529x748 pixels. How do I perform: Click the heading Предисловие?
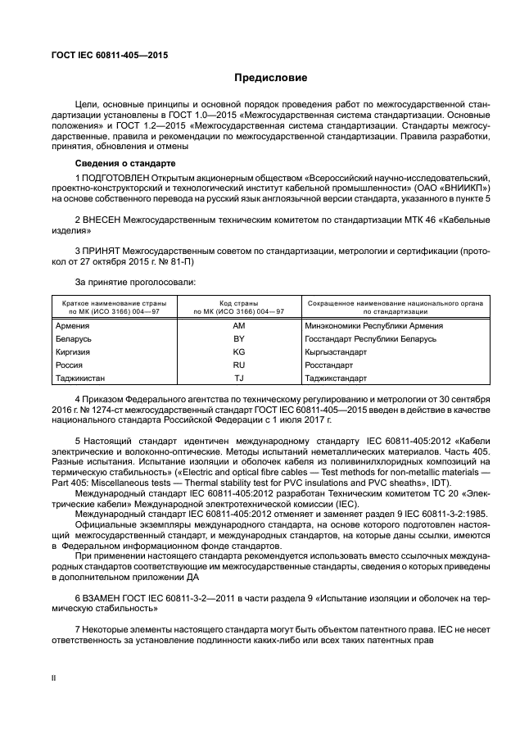pyautogui.click(x=271, y=79)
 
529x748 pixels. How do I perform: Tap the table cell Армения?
pyautogui.click(x=72, y=325)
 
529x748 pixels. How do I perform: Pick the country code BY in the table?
pyautogui.click(x=239, y=338)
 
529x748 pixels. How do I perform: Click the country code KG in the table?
pyautogui.click(x=239, y=351)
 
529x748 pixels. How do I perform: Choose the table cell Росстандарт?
pyautogui.click(x=328, y=365)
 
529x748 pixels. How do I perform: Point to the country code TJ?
pyautogui.click(x=239, y=378)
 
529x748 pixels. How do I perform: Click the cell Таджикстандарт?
pyautogui.click(x=336, y=378)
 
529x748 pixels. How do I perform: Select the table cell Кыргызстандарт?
pyautogui.click(x=336, y=351)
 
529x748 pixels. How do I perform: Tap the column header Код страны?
pyautogui.click(x=239, y=303)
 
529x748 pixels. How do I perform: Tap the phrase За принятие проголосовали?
pyautogui.click(x=124, y=282)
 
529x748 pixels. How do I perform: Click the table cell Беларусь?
pyautogui.click(x=74, y=338)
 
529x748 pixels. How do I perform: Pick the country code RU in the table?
pyautogui.click(x=239, y=365)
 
